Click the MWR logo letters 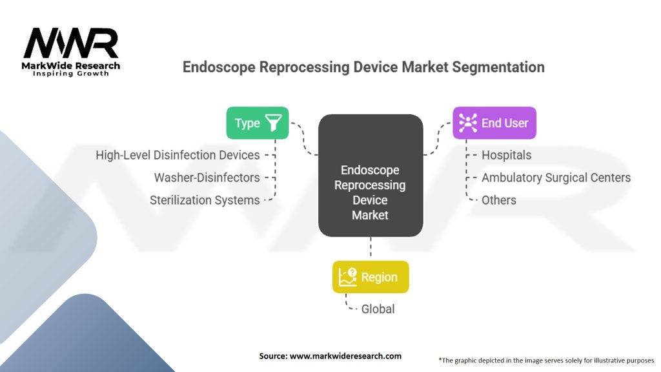[x=71, y=43]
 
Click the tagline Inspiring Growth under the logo [x=71, y=74]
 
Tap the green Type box [x=257, y=123]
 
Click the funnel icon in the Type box [x=274, y=123]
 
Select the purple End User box [x=494, y=123]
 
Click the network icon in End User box [x=467, y=123]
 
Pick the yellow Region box [x=371, y=277]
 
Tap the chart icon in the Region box [x=347, y=277]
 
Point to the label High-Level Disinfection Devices [x=178, y=155]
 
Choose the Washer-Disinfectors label [x=207, y=178]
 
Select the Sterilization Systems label [x=205, y=200]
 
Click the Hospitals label [x=507, y=155]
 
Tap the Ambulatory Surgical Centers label [x=556, y=178]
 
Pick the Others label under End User [x=499, y=200]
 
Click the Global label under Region [x=378, y=309]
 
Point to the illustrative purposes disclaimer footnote [x=546, y=360]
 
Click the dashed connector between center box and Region [x=371, y=248]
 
